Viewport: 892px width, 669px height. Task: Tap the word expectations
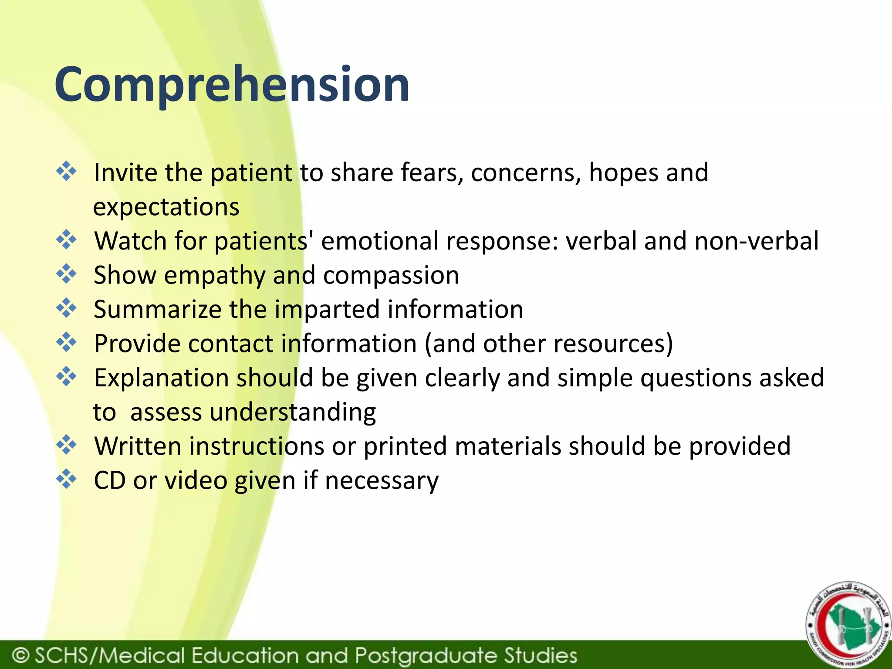(166, 207)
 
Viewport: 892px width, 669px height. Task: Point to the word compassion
(391, 276)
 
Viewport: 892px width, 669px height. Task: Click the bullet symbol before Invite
(66, 171)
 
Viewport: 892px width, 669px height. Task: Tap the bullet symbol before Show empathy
(66, 274)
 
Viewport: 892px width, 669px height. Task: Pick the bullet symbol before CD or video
(66, 479)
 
